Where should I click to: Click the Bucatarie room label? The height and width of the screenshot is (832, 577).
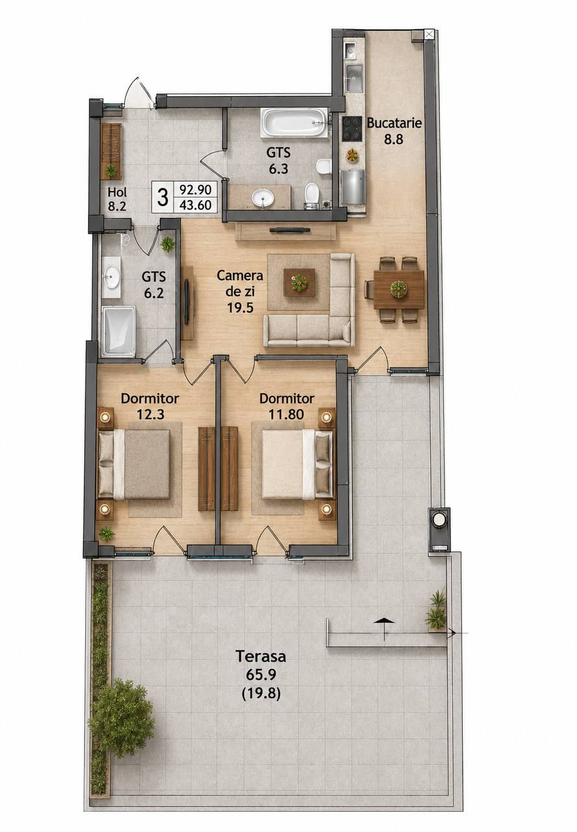394,123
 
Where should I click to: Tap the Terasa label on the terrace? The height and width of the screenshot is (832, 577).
261,656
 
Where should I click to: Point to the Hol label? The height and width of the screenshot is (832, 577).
118,192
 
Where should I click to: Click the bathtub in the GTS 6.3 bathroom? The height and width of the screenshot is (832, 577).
294,122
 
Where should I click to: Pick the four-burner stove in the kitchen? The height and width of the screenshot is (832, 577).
352,129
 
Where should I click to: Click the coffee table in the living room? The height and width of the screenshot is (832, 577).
300,282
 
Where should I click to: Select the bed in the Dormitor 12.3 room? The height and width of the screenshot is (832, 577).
134,464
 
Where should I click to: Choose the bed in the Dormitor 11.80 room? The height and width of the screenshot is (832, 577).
298,464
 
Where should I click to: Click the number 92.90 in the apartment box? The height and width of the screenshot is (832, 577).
196,190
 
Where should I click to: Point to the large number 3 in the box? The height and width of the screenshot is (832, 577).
162,197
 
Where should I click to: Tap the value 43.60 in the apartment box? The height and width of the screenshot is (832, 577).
196,205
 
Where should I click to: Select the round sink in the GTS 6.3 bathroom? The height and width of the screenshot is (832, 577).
263,197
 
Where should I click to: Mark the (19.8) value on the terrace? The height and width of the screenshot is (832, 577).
261,693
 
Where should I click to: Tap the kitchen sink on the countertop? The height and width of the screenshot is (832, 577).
354,77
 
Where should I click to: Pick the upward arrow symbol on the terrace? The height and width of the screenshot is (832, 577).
384,621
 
